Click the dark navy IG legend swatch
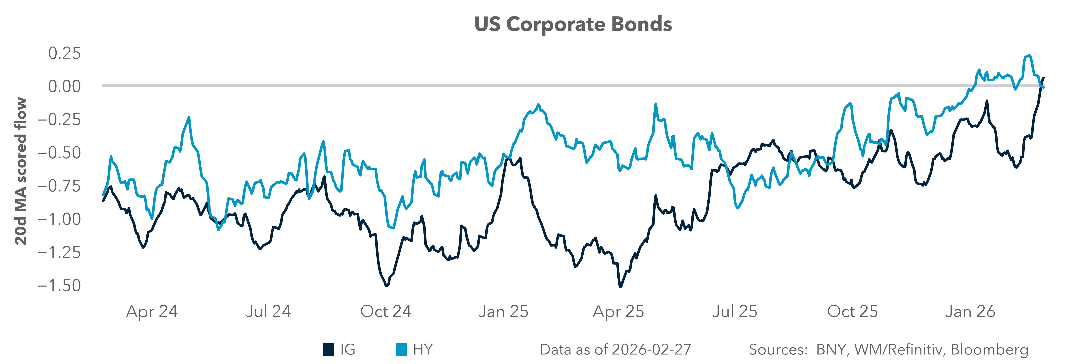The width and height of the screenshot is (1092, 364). tap(328, 350)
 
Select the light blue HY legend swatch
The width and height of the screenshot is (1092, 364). tap(401, 350)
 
